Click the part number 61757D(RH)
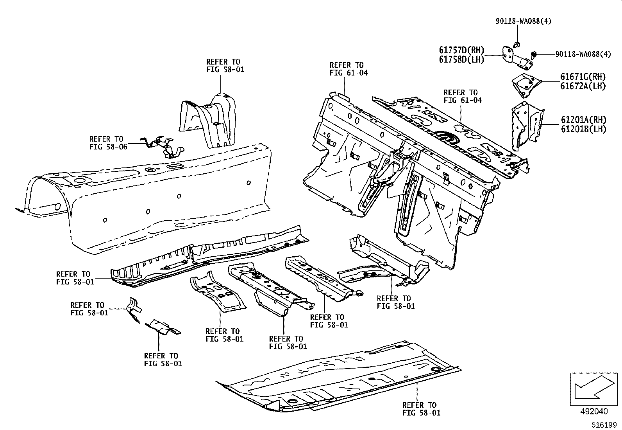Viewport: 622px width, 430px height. [461, 50]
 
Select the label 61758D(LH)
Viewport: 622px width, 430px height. [461, 59]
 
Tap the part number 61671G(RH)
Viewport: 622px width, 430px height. [583, 77]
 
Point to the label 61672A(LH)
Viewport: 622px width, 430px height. [583, 86]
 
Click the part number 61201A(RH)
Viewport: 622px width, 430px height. [583, 120]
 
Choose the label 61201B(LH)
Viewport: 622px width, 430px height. [583, 129]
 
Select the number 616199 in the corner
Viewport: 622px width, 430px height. [603, 425]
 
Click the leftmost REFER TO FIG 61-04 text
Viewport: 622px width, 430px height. [348, 69]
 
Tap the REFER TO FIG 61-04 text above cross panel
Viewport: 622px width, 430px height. [462, 96]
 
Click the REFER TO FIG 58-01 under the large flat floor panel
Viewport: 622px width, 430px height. [421, 408]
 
